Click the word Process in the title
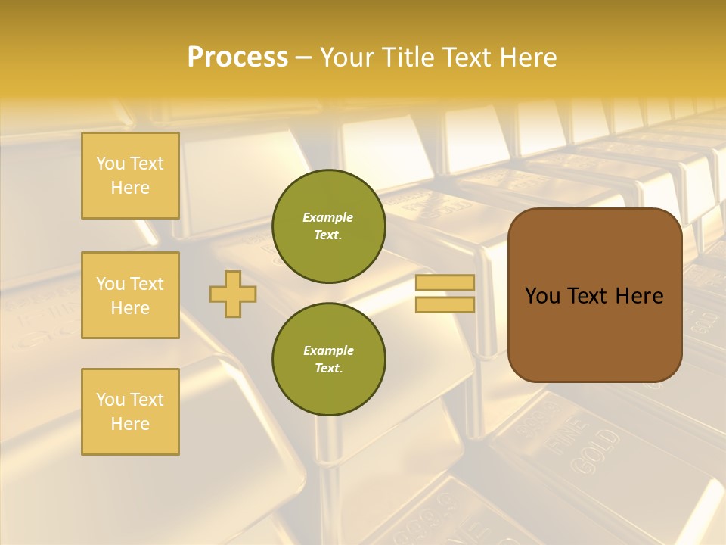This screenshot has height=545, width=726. tap(237, 58)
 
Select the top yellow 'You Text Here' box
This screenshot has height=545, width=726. tap(130, 176)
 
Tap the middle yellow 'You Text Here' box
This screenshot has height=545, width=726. tap(130, 295)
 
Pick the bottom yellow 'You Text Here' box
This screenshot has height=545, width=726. tap(130, 412)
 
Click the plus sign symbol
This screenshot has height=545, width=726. tap(233, 294)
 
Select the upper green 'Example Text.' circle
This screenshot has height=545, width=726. tap(328, 226)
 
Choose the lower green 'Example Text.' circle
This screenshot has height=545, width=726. tap(328, 360)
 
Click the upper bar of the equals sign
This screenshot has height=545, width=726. tap(445, 282)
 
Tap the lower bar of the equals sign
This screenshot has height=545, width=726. tap(445, 304)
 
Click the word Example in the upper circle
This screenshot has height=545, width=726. tap(328, 217)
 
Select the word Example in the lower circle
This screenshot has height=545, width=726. tap(328, 350)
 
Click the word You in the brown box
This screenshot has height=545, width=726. tap(542, 296)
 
